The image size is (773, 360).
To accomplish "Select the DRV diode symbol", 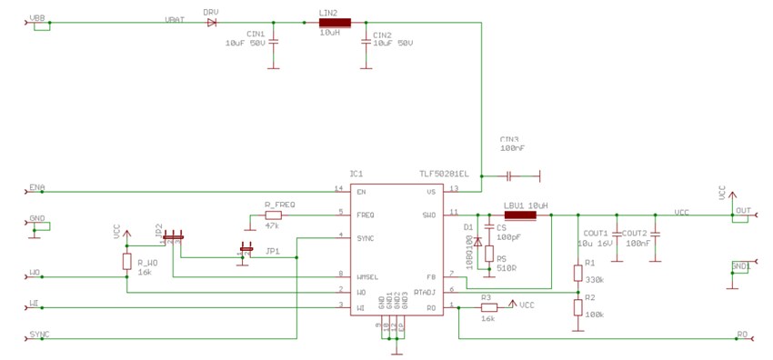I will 211,22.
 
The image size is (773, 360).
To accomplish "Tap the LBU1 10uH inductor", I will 520,215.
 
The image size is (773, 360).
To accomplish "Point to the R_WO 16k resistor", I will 126,262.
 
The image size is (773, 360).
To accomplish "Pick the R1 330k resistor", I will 577,273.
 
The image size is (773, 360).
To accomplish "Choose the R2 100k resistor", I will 577,307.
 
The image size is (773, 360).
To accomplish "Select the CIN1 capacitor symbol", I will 276,41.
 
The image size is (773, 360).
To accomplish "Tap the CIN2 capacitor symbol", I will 366,41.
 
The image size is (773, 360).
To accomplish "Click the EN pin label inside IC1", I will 361,192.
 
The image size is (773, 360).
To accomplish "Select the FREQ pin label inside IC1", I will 366,215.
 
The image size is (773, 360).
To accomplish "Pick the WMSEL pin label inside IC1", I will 368,275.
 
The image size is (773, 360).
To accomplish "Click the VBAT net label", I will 176,18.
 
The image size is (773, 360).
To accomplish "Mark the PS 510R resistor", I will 489,255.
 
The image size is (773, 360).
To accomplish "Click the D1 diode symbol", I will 477,242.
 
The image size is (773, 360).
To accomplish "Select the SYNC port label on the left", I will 39,335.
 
